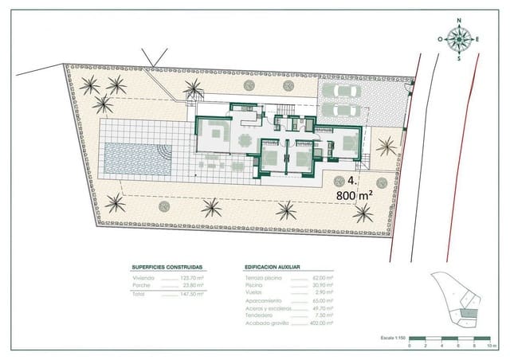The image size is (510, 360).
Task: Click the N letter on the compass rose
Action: pos(458,22)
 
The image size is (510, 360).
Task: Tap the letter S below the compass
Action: pos(459,57)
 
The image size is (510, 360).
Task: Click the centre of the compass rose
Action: pos(459,39)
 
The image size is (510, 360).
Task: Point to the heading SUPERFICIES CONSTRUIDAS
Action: pos(167,268)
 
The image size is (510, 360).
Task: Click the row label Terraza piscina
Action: pos(265,278)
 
